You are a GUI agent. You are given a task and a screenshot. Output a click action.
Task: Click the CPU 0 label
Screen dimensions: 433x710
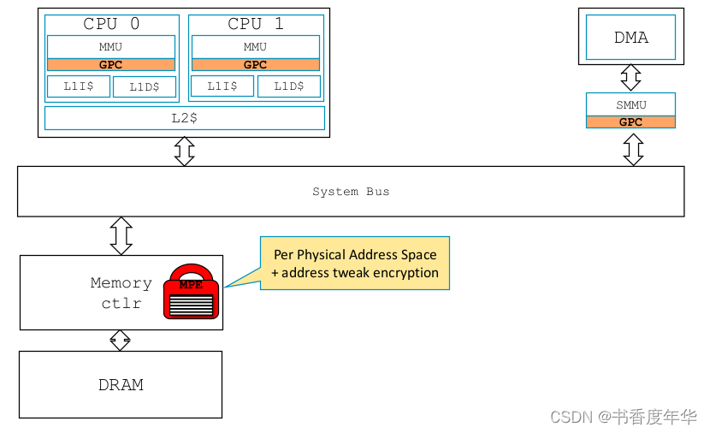[111, 24]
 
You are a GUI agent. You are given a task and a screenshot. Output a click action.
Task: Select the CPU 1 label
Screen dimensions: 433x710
[256, 24]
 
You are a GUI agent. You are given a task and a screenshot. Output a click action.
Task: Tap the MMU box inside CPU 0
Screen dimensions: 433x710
[111, 46]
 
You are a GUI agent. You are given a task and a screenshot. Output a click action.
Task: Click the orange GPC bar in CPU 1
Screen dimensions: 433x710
[256, 64]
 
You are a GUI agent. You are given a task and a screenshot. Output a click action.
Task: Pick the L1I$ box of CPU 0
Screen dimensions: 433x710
[78, 86]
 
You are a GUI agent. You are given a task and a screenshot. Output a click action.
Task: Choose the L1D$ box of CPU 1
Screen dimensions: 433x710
[289, 86]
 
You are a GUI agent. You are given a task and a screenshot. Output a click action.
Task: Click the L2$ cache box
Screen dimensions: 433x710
[184, 118]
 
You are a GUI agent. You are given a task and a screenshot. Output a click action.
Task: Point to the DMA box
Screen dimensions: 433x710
[631, 37]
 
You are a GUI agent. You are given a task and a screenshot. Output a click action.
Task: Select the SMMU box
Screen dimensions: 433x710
[631, 104]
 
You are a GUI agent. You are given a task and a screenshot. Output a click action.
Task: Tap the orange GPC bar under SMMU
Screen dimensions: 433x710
[631, 122]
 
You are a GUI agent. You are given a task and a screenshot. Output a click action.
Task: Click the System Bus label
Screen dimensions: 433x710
[351, 192]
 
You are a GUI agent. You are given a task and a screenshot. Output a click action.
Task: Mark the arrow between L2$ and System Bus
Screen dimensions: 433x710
[184, 151]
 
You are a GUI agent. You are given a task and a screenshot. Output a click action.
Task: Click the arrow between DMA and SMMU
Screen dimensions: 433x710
[631, 78]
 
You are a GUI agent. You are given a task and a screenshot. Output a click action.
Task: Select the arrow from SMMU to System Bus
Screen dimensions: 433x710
[633, 149]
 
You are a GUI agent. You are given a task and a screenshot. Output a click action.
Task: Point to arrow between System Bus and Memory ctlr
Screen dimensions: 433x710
[121, 235]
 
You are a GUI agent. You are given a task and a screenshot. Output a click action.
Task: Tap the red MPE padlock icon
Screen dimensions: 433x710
[191, 293]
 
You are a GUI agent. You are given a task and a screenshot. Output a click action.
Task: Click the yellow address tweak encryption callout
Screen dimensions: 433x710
[355, 264]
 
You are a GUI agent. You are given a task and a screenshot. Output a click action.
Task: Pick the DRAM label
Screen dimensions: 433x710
[121, 385]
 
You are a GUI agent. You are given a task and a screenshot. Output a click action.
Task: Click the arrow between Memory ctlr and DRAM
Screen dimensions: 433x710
[121, 341]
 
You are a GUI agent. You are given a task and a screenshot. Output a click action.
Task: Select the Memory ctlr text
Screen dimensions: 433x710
[121, 293]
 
